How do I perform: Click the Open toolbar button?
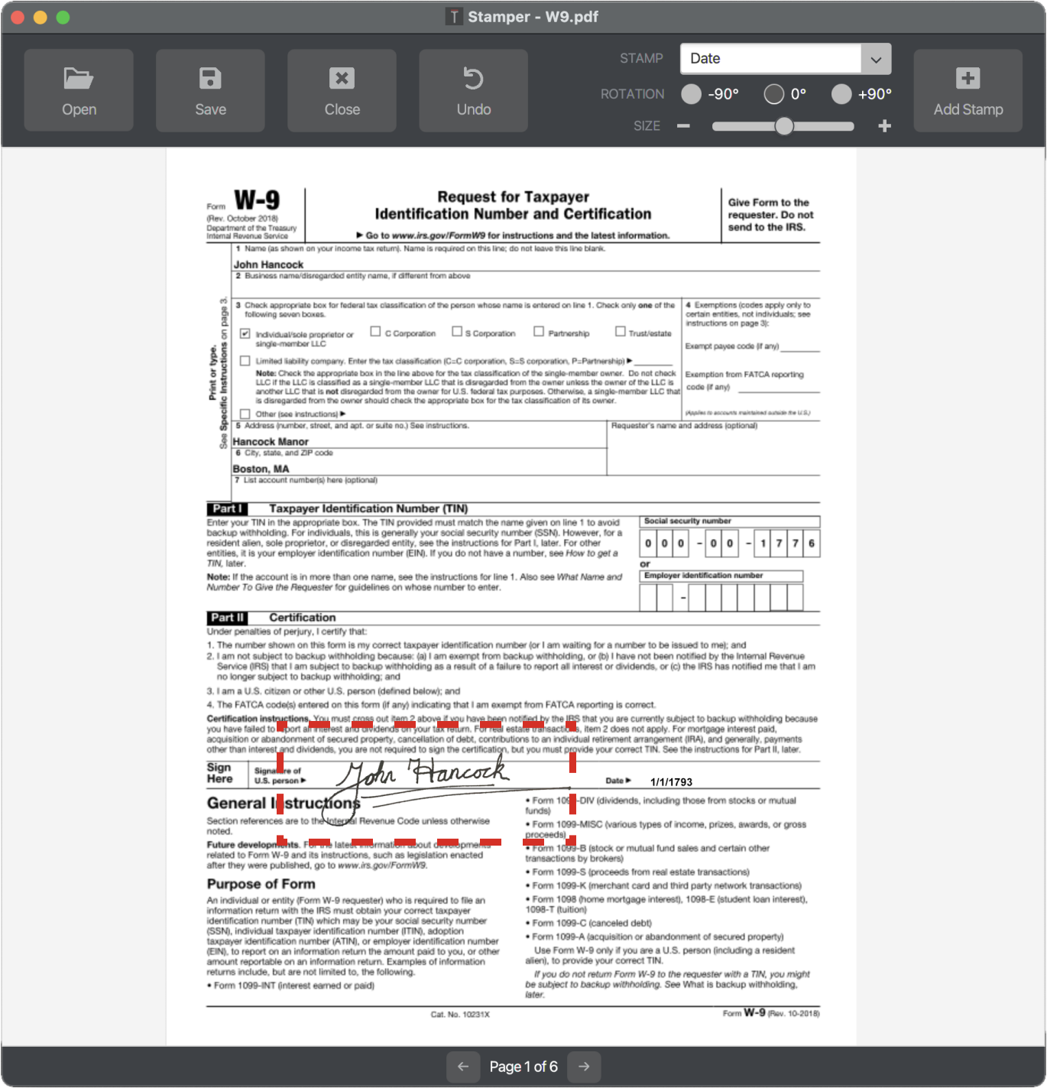79,90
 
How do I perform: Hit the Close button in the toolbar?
342,90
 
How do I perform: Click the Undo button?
473,90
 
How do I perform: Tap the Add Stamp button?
968,90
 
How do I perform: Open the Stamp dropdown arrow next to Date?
876,59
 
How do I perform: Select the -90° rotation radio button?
692,94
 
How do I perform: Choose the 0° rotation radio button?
773,94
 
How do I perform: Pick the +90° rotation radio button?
841,94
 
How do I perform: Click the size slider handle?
784,126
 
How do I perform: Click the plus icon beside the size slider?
884,126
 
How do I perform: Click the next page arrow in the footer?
584,1067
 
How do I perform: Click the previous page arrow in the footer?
463,1067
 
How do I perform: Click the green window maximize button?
63,17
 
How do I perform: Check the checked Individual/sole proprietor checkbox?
245,333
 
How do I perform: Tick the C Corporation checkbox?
375,332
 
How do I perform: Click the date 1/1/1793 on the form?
671,782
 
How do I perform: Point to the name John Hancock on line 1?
268,265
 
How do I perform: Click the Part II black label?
227,618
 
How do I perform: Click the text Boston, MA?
261,469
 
